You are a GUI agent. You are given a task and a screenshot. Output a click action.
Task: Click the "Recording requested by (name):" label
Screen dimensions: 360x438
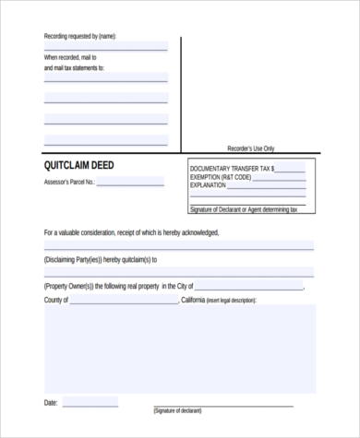[80, 36]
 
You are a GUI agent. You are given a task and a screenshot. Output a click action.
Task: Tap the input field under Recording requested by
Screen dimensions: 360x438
[106, 46]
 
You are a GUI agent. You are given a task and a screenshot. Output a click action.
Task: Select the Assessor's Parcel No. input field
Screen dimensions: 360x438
[134, 183]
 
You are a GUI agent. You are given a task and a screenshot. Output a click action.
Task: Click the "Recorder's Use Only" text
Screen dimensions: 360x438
[251, 148]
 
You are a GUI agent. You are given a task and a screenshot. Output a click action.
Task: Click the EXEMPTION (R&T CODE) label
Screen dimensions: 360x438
[222, 177]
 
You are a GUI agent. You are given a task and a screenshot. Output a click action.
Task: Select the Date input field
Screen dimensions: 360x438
[90, 402]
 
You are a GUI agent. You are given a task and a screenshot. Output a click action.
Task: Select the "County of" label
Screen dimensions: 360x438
[56, 300]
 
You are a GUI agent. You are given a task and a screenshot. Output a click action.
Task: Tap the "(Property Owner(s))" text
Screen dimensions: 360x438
[68, 287]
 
